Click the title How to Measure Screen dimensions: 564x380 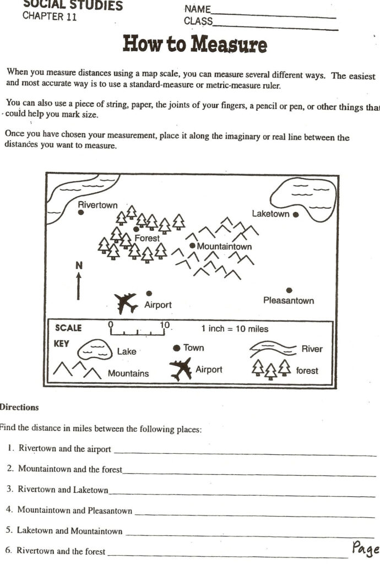194,44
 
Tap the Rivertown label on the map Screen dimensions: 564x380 97,205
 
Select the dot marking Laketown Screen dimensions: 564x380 296,214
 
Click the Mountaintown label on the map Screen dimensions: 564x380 224,246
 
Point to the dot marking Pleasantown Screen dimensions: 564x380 289,290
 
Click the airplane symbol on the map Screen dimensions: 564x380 126,302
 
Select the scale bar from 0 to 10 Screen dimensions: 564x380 138,331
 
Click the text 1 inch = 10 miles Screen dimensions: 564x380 235,329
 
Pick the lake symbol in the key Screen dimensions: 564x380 95,349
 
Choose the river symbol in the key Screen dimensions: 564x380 273,349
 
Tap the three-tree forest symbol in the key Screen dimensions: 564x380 270,369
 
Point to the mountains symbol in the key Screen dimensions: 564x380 77,370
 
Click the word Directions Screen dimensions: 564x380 19,408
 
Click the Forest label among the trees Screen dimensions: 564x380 147,238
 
